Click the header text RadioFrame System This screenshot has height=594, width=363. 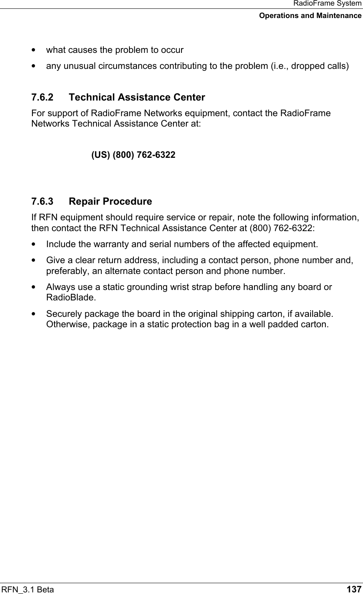pos(327,4)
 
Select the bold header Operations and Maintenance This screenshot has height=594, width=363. pos(310,16)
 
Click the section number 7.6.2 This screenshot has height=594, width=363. pos(42,98)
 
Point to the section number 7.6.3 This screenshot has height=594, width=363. pos(42,201)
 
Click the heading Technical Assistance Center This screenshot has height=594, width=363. pos(137,98)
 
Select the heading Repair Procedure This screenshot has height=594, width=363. pos(110,201)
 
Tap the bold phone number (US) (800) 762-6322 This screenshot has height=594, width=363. pos(133,155)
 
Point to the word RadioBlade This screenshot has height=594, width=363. pos(65,298)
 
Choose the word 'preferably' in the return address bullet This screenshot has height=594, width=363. pos(65,271)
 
